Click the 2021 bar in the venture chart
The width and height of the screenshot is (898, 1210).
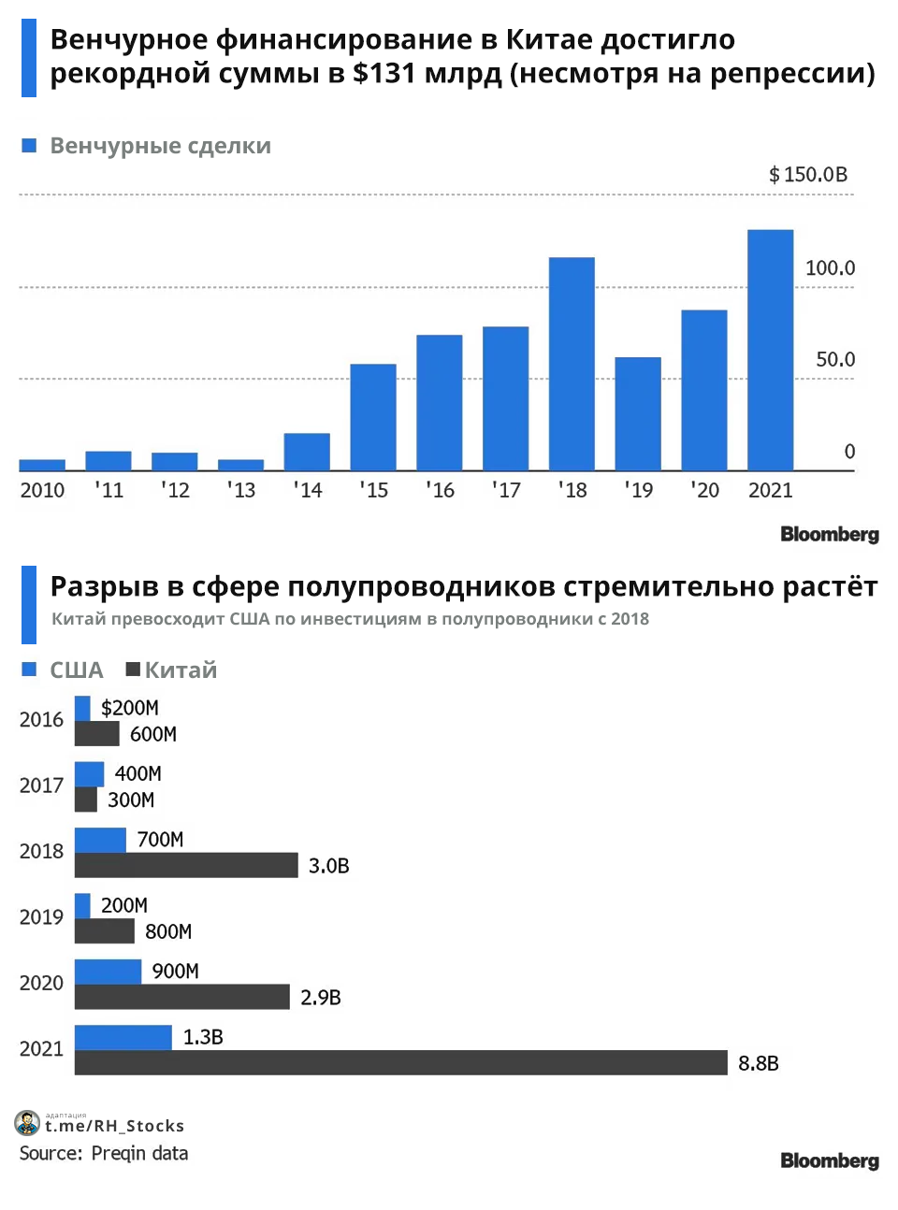770,350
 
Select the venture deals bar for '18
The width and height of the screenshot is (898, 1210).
572,364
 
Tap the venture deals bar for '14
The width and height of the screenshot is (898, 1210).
307,452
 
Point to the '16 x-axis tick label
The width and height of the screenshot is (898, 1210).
440,490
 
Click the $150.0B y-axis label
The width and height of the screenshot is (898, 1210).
808,175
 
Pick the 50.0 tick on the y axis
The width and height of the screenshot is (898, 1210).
835,360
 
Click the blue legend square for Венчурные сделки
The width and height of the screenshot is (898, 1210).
29,146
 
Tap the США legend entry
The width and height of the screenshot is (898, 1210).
63,670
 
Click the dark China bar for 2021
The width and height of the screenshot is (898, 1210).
400,1062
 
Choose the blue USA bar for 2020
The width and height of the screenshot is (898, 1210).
108,972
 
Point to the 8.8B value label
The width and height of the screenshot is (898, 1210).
758,1063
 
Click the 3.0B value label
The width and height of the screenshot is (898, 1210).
328,866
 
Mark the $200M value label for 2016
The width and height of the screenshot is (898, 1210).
130,708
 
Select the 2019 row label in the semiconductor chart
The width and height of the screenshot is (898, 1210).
41,917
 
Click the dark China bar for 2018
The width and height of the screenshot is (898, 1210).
186,865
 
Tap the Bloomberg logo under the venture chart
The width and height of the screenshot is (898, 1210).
830,534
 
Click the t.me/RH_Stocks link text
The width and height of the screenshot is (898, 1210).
114,1126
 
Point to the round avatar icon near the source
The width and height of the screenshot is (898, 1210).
28,1123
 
